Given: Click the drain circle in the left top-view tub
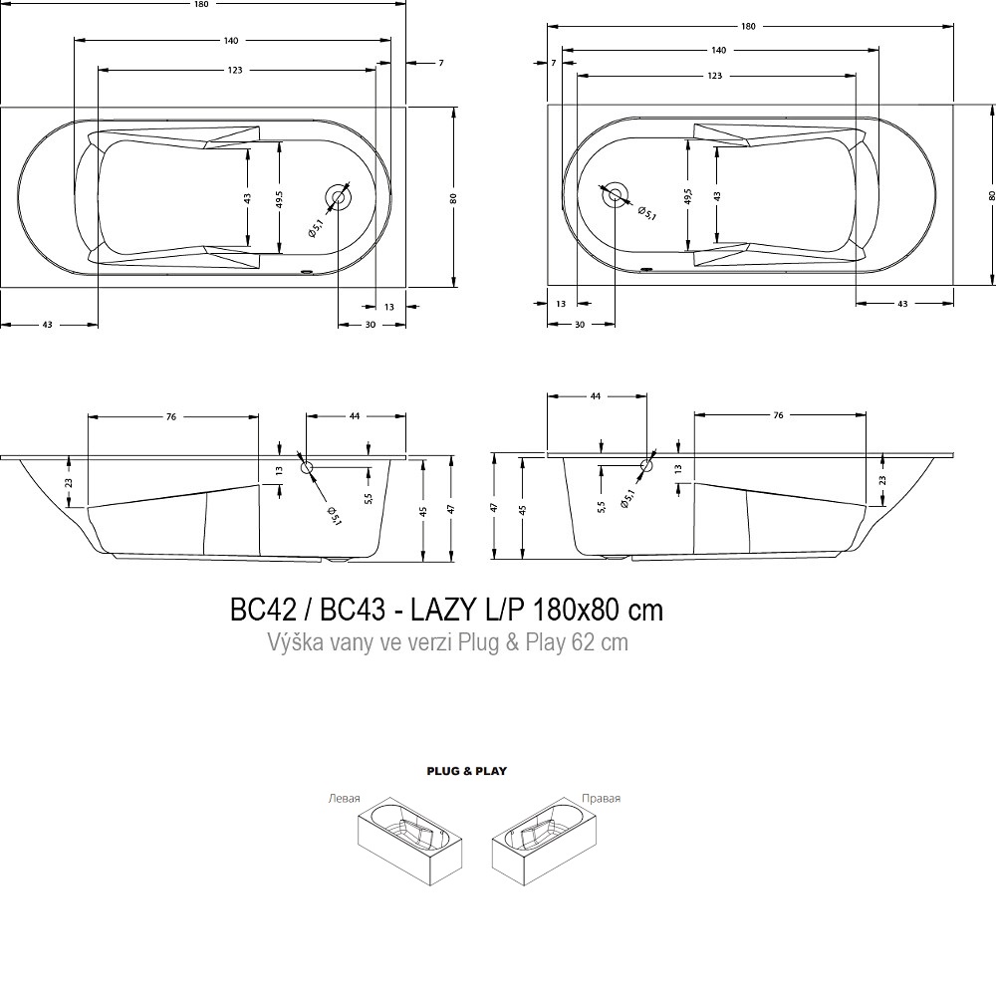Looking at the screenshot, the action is point(338,197).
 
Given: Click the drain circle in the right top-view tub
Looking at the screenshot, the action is point(615,195).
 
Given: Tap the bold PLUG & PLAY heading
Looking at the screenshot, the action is point(467,771).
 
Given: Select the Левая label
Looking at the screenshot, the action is point(345,799).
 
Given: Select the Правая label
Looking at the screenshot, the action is point(601,799).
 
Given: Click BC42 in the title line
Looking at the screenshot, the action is point(262,611).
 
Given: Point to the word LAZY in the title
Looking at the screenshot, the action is point(444,611).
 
